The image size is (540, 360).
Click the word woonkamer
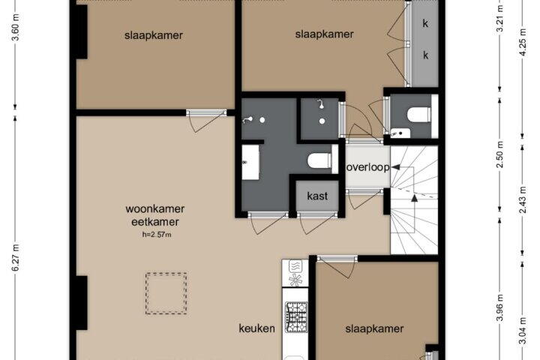(x=155, y=208)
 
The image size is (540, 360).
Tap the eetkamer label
(x=155, y=222)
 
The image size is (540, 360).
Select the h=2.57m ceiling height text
(x=157, y=235)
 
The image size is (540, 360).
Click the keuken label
(x=257, y=328)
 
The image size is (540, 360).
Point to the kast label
(x=317, y=196)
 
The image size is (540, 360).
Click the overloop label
(x=367, y=167)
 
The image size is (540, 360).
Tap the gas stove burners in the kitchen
(x=295, y=317)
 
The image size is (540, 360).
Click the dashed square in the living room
(x=166, y=293)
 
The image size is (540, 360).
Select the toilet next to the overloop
(x=319, y=161)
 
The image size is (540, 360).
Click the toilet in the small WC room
(x=418, y=114)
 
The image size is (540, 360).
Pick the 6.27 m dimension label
(x=16, y=257)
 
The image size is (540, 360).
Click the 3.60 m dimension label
(x=16, y=27)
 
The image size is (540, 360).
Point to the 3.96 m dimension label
(x=501, y=307)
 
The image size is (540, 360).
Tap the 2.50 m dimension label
(x=501, y=154)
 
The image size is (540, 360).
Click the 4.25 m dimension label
(x=523, y=42)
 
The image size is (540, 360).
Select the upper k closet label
(x=426, y=23)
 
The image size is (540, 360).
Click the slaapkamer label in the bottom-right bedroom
(x=374, y=328)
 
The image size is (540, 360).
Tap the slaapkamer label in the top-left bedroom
(x=154, y=35)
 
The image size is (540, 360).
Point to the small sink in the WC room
(x=400, y=133)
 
